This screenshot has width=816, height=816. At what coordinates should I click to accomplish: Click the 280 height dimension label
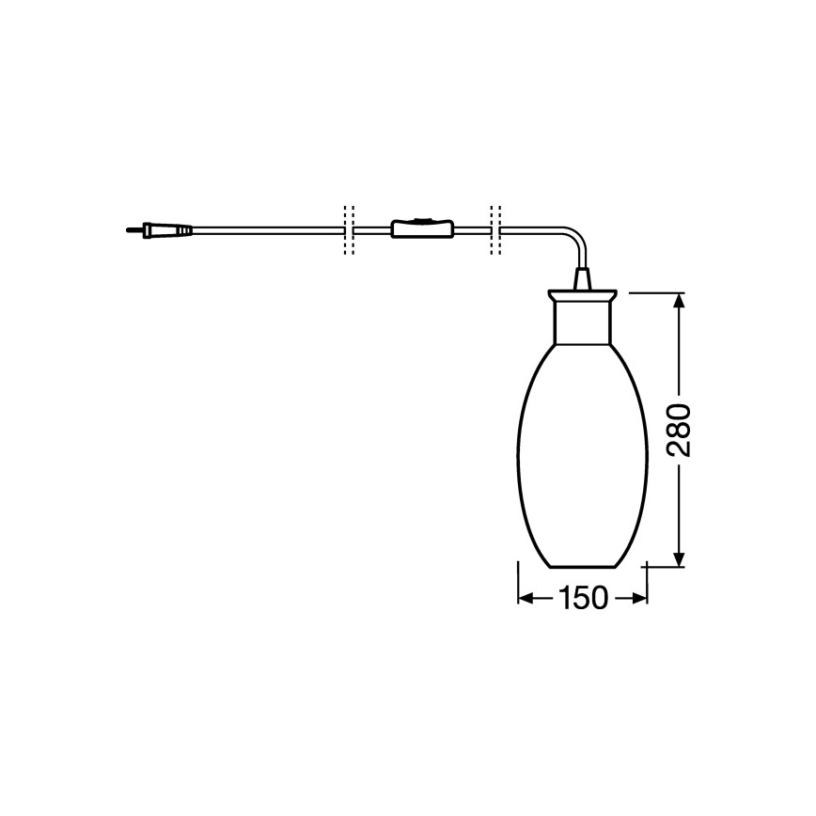click(x=679, y=430)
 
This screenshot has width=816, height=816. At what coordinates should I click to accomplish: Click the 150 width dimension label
click(x=583, y=599)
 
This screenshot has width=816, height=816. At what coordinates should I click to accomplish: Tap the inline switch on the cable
click(x=421, y=228)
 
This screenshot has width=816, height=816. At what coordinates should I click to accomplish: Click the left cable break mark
click(x=349, y=229)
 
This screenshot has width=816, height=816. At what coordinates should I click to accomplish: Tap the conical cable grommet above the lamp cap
click(x=583, y=278)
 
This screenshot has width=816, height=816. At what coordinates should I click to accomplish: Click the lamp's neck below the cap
click(x=584, y=320)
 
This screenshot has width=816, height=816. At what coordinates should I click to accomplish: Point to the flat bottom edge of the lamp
click(x=584, y=567)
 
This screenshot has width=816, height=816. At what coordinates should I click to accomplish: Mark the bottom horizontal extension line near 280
click(x=664, y=567)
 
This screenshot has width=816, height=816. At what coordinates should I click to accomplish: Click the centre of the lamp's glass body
click(x=584, y=451)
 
